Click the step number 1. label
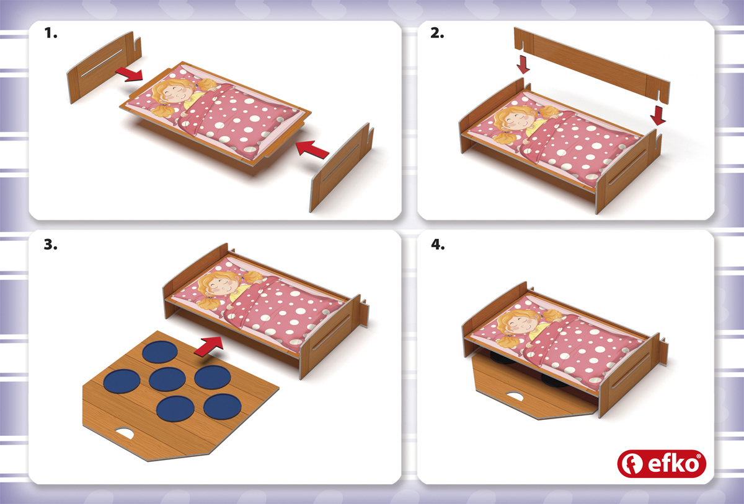click(x=51, y=33)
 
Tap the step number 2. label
click(x=437, y=33)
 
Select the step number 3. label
click(x=50, y=245)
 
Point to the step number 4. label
click(x=438, y=245)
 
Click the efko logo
click(x=662, y=464)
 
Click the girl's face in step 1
click(x=175, y=93)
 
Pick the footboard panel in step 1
click(x=342, y=168)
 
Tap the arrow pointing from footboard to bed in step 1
click(x=312, y=149)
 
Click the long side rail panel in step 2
click(x=591, y=65)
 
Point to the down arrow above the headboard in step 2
click(x=523, y=64)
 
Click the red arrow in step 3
click(x=208, y=346)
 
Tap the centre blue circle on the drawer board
click(x=167, y=379)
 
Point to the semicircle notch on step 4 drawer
click(x=514, y=396)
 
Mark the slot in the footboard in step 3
click(x=331, y=331)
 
